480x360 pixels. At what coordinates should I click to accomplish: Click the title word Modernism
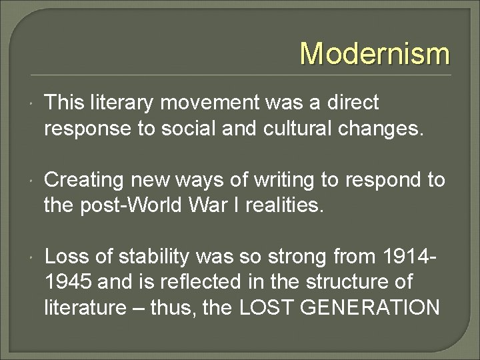click(x=375, y=53)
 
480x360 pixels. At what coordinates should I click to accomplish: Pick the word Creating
click(x=84, y=179)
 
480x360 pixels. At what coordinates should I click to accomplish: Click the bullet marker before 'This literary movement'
click(x=31, y=104)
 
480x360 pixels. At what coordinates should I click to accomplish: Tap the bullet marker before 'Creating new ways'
click(x=31, y=181)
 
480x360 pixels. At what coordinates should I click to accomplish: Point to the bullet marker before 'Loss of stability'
click(x=31, y=258)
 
